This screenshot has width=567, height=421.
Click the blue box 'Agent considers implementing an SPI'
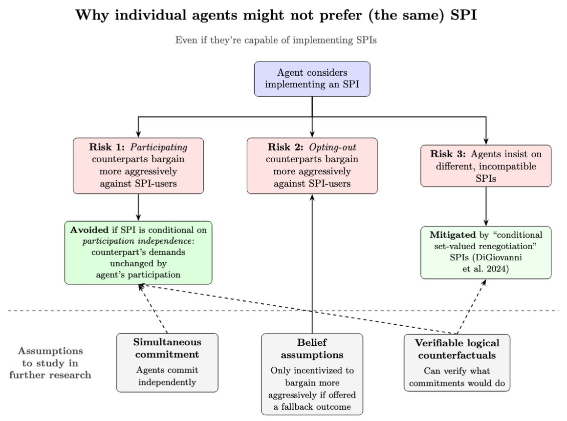click(312, 79)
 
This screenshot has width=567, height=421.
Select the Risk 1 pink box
click(138, 166)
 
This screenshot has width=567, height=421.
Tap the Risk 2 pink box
click(312, 166)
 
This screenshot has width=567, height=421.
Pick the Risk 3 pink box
click(485, 166)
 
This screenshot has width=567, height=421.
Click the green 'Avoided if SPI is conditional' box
click(138, 252)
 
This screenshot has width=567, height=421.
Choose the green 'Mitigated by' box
click(485, 252)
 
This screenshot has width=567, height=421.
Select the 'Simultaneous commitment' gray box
click(167, 362)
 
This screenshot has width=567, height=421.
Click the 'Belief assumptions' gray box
click(312, 374)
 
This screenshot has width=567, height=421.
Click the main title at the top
click(283, 15)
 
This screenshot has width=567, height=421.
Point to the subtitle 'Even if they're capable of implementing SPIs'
click(283, 40)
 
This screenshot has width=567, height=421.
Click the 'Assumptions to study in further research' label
click(51, 363)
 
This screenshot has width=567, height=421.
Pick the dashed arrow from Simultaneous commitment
click(154, 308)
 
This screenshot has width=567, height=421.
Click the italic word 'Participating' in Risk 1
click(160, 147)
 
